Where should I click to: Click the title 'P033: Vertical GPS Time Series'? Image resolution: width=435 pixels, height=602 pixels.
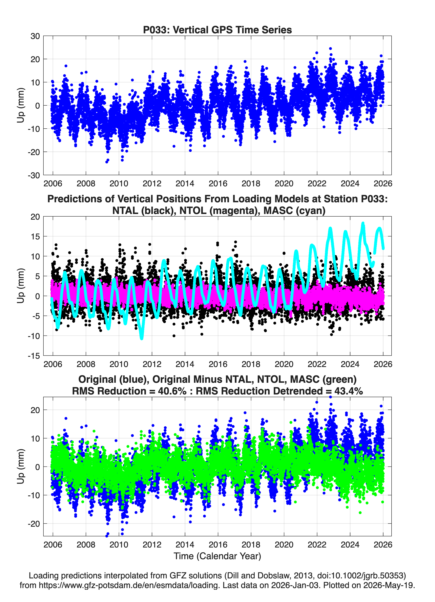(x=217, y=30)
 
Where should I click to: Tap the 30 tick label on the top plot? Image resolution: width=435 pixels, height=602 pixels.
(x=35, y=36)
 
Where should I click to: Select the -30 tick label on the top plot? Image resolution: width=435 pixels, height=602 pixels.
(x=34, y=175)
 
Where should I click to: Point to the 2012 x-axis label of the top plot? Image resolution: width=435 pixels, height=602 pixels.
(x=152, y=184)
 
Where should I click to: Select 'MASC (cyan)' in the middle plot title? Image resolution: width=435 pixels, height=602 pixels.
(x=294, y=211)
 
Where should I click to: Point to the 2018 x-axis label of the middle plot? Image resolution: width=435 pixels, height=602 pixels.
(x=251, y=364)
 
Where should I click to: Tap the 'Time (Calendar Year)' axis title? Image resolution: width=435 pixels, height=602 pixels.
(x=217, y=556)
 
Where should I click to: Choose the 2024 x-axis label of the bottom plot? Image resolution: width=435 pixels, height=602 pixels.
(x=350, y=544)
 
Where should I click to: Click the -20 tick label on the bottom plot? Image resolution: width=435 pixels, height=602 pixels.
(x=34, y=524)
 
